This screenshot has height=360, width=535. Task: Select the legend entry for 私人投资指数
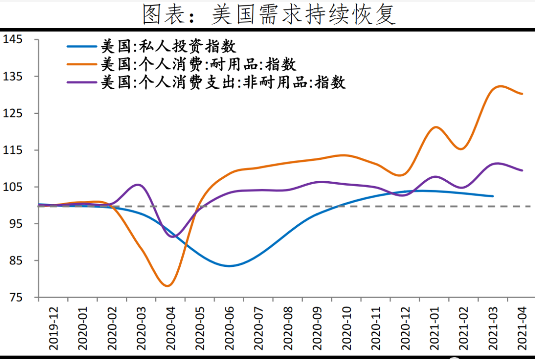[x=168, y=47]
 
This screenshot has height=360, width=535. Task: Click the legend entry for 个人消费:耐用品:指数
[x=198, y=64]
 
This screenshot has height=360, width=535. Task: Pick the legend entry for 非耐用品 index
[x=223, y=82]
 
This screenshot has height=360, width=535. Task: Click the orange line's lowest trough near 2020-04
[x=167, y=286]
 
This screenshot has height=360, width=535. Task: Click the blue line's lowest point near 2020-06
[x=229, y=266]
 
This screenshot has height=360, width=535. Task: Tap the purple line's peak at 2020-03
[x=138, y=185]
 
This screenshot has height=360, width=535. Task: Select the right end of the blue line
[x=493, y=196]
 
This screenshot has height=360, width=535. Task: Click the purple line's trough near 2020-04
[x=172, y=237]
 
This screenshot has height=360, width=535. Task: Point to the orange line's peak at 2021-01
[x=435, y=127]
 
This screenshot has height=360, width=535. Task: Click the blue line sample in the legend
[x=82, y=47]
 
